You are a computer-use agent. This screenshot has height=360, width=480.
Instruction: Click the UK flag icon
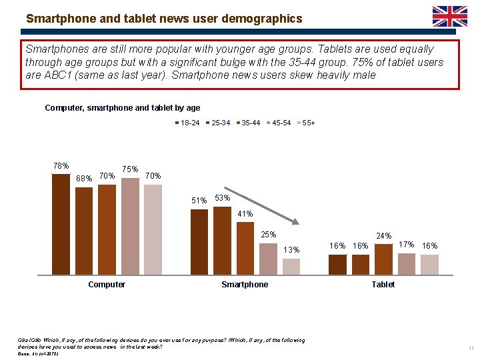tap(450, 16)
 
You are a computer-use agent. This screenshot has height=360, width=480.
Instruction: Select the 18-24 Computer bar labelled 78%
tap(61, 224)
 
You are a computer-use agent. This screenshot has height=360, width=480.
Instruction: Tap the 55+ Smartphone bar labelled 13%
tap(291, 266)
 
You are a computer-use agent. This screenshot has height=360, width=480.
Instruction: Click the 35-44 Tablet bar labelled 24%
tap(383, 259)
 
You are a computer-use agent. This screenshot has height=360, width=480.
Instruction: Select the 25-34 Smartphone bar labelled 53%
tap(222, 240)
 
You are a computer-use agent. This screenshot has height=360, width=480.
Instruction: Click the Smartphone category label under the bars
tap(245, 285)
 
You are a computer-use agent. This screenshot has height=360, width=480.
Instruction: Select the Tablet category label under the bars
tap(383, 285)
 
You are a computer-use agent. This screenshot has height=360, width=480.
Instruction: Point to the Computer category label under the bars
tap(107, 285)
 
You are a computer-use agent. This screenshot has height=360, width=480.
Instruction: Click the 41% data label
tap(245, 214)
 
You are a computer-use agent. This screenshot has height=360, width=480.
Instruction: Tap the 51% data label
tap(199, 201)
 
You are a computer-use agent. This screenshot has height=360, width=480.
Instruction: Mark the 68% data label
tap(84, 179)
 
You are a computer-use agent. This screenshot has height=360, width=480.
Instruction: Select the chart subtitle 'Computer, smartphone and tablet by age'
tap(122, 107)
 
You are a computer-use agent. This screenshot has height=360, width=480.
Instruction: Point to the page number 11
tap(471, 349)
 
